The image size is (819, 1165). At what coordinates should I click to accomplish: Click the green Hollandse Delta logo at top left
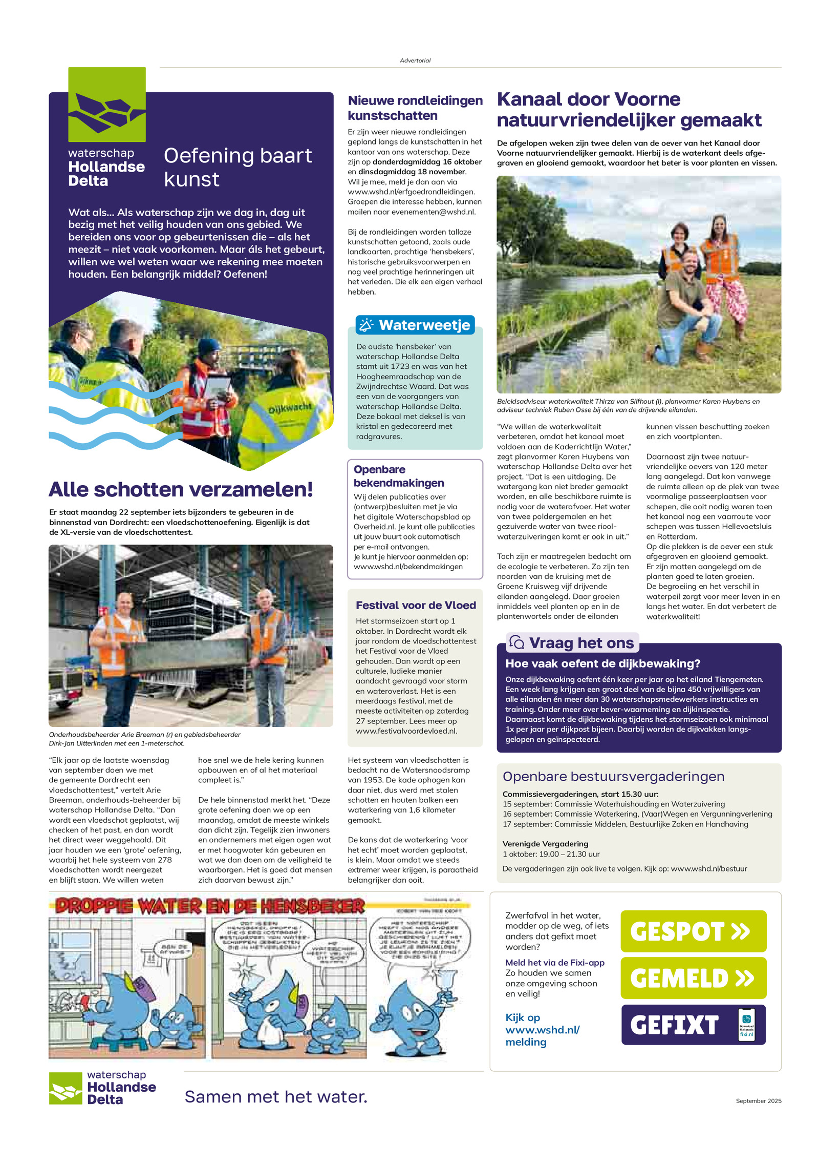point(107,105)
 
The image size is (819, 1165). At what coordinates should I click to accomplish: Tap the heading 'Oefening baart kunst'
point(238,167)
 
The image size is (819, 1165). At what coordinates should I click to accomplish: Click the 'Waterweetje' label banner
point(415,325)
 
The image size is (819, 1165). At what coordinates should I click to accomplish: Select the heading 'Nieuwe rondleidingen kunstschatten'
point(415,108)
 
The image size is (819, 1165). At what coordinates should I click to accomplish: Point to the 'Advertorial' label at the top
point(415,60)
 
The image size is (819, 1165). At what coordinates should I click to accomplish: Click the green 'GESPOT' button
point(693,931)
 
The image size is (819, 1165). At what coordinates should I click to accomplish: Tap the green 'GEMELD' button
point(693,977)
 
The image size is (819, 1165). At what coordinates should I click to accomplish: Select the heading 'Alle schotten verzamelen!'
point(181,489)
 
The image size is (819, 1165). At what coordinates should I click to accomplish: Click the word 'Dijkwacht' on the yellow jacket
point(290,408)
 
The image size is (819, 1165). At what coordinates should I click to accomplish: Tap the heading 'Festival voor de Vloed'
point(416,605)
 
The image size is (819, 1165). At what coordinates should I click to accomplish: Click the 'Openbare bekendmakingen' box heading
point(399,476)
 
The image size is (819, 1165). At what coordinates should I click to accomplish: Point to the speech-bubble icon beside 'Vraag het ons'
point(516,642)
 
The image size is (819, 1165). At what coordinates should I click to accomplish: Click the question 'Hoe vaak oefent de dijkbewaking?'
point(602,663)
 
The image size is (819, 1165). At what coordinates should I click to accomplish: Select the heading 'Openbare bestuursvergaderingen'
point(613,776)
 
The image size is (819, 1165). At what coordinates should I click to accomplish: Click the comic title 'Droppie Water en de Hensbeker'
point(210,906)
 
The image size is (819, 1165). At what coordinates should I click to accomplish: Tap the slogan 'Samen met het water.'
point(276,1096)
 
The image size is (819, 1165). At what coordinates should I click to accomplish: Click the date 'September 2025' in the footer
point(758,1100)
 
